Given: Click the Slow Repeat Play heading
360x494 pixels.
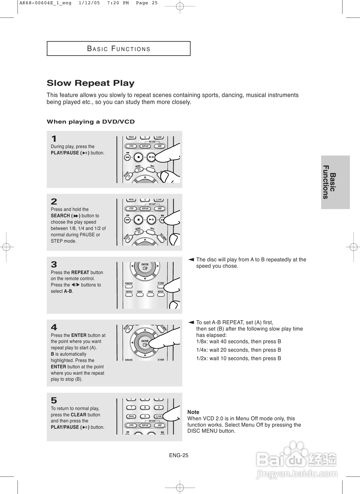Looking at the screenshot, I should pyautogui.click(x=91, y=83).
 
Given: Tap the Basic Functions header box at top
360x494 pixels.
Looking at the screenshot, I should pyautogui.click(x=118, y=49).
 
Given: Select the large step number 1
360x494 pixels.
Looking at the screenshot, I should pyautogui.click(x=54, y=139).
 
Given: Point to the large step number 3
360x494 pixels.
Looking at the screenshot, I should pyautogui.click(x=54, y=265).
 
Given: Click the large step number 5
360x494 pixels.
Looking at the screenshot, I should pyautogui.click(x=54, y=401).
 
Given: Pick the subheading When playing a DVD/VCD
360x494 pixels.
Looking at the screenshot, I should pyautogui.click(x=91, y=122).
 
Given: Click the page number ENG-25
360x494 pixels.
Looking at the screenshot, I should pyautogui.click(x=178, y=455).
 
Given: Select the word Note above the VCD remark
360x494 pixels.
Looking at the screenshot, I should pyautogui.click(x=193, y=412).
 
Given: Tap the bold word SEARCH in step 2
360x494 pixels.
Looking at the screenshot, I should pyautogui.click(x=60, y=216).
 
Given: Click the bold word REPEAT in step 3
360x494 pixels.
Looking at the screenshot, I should pyautogui.click(x=80, y=273).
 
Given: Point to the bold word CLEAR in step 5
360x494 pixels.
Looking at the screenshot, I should pyautogui.click(x=79, y=415).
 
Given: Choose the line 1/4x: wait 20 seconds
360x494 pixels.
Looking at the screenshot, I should pyautogui.click(x=239, y=350).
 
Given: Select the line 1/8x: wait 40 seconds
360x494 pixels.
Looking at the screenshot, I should pyautogui.click(x=239, y=341).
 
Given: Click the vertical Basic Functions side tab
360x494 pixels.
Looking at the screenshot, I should pyautogui.click(x=335, y=182).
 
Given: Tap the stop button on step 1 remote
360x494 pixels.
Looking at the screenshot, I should pyautogui.click(x=138, y=157).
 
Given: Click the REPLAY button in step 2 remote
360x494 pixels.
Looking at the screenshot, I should pyautogui.click(x=145, y=208).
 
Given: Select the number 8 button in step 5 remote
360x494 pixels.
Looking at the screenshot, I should pyautogui.click(x=145, y=408).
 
